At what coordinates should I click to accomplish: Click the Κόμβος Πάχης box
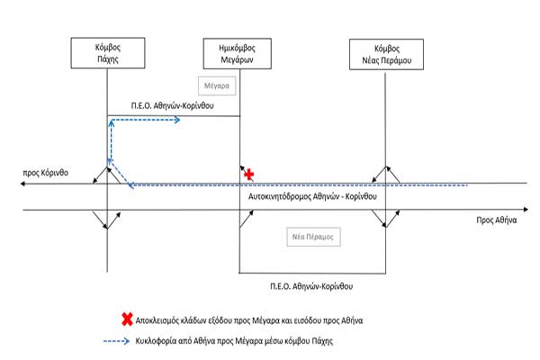107,51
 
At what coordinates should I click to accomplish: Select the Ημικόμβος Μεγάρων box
238,51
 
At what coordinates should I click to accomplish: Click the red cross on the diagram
250,173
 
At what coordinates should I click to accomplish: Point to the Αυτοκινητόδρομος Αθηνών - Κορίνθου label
310,195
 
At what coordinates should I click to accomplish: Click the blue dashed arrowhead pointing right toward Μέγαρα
178,118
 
